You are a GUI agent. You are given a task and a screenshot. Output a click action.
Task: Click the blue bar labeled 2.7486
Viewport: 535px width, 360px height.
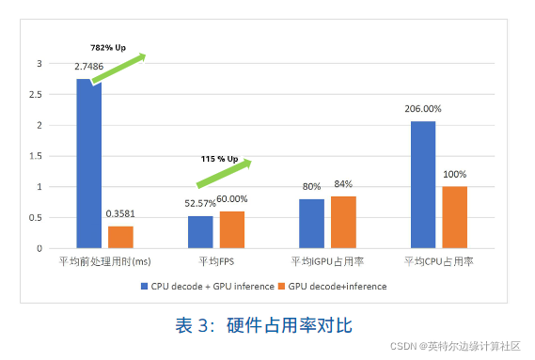[x=88, y=164]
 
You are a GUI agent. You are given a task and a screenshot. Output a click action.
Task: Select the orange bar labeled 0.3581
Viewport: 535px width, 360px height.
[x=120, y=237]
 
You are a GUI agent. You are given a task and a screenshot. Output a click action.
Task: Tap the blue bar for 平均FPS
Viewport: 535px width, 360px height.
[x=200, y=232]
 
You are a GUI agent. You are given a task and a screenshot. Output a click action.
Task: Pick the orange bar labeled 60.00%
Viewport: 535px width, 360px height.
[x=232, y=229]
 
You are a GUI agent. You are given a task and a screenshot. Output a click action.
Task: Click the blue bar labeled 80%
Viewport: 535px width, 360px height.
[x=311, y=224]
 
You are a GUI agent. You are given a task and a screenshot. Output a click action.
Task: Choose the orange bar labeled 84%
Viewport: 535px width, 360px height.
[x=343, y=222]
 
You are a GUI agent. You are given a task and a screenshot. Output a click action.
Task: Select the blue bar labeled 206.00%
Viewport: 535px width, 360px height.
[x=422, y=184]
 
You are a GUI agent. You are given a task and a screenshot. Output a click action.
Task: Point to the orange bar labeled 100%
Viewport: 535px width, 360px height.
[x=454, y=217]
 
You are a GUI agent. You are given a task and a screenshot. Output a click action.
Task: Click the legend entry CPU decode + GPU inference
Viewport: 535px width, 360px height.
[x=207, y=286]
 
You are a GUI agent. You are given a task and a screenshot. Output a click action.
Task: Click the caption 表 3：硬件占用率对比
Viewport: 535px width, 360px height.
[x=263, y=325]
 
